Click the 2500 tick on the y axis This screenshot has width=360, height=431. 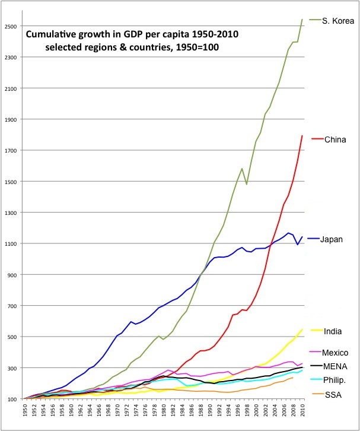point(11,27)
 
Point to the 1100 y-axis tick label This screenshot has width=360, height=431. point(11,243)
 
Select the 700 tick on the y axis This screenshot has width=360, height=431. point(12,306)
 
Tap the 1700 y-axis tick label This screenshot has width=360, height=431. point(11,151)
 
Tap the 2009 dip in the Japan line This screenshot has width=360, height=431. point(298,244)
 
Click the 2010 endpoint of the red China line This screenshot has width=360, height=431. point(302,135)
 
